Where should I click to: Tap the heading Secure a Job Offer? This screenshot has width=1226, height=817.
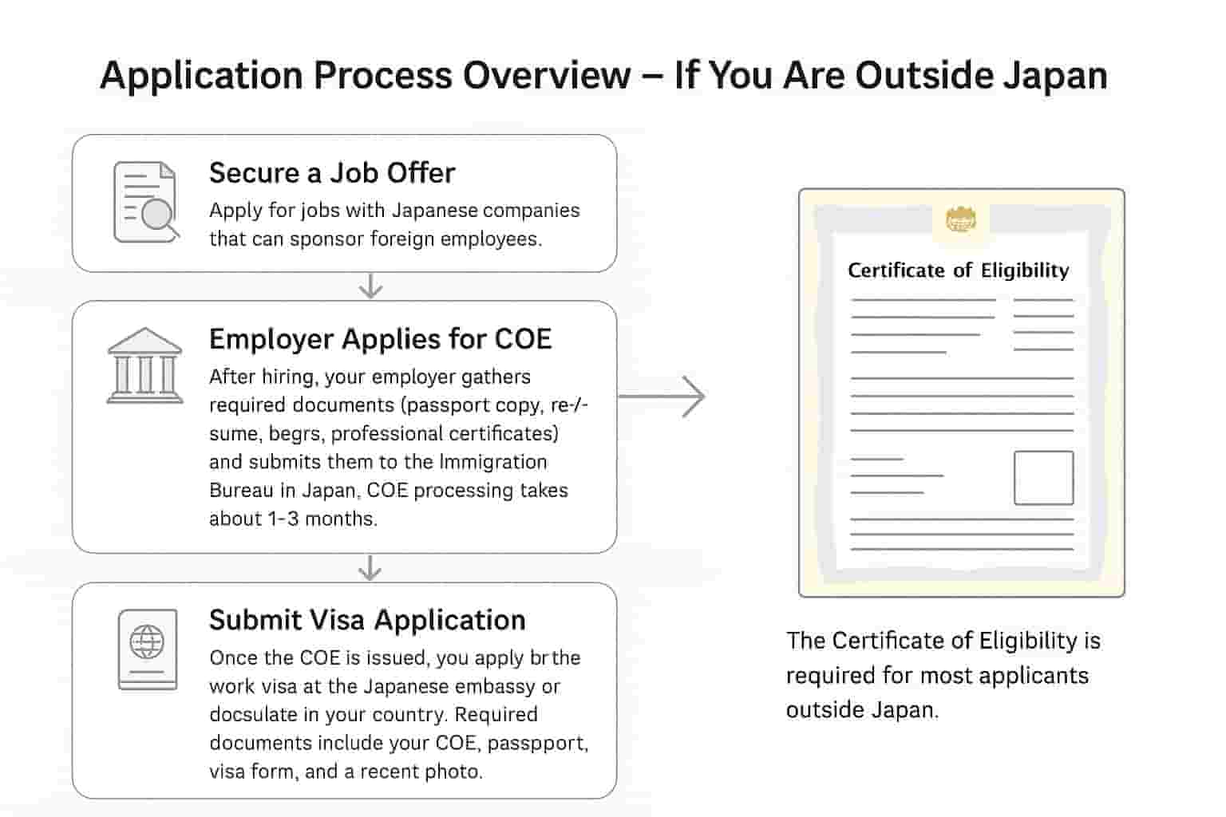pyautogui.click(x=332, y=173)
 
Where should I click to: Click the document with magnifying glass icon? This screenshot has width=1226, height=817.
pyautogui.click(x=146, y=202)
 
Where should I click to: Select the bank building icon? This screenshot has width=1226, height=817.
pyautogui.click(x=145, y=365)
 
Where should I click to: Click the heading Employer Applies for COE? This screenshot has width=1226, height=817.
pyautogui.click(x=381, y=339)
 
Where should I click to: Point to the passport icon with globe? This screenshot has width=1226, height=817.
pyautogui.click(x=148, y=649)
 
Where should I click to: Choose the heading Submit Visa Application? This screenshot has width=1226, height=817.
pyautogui.click(x=367, y=620)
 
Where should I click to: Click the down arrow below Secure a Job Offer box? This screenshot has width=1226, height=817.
pyautogui.click(x=371, y=286)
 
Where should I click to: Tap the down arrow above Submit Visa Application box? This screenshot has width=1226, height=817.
pyautogui.click(x=370, y=568)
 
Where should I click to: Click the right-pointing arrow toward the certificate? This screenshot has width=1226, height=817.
pyautogui.click(x=662, y=397)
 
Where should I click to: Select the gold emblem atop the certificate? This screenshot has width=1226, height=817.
pyautogui.click(x=960, y=220)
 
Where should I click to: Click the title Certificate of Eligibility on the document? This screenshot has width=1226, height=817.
pyautogui.click(x=959, y=270)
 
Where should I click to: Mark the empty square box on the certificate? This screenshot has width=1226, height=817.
pyautogui.click(x=1044, y=477)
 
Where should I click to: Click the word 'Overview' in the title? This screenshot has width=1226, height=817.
pyautogui.click(x=547, y=75)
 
